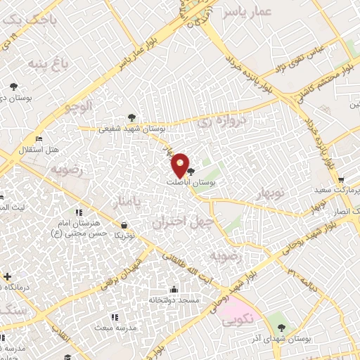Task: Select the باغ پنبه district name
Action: (x=46, y=64)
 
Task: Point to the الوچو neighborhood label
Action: (x=78, y=107)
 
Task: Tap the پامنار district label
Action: (x=127, y=202)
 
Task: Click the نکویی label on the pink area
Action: (x=241, y=320)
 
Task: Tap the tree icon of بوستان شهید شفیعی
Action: (x=131, y=117)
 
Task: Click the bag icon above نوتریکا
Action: (x=124, y=225)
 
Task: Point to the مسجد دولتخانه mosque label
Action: (x=174, y=300)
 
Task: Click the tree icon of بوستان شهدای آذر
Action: (x=282, y=327)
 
